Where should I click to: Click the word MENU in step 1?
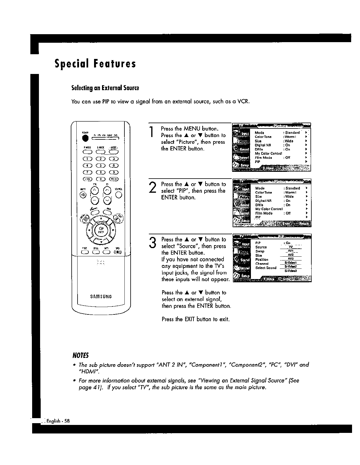[x=192, y=129]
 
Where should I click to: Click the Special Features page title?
[x=95, y=64]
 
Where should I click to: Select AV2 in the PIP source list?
[x=290, y=255]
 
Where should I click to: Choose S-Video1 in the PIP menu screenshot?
[x=290, y=263]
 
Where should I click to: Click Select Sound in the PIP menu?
[x=266, y=268]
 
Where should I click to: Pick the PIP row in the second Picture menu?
[x=258, y=217]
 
